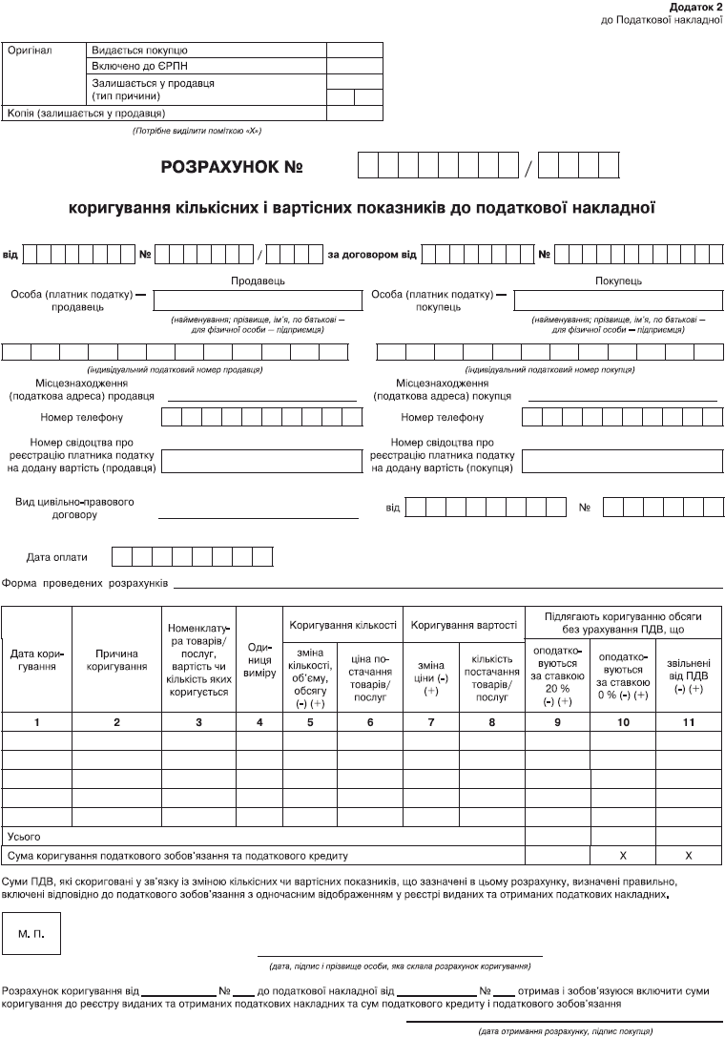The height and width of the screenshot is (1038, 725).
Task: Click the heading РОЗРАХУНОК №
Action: tap(232, 167)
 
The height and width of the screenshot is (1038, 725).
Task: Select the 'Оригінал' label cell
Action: tap(30, 50)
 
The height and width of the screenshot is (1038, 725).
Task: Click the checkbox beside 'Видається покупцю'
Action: tap(354, 50)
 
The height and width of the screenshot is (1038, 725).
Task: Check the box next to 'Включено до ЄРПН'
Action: tap(354, 66)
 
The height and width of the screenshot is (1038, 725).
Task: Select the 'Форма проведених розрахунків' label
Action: tap(86, 582)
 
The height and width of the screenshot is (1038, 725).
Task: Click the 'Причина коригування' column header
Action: tap(116, 660)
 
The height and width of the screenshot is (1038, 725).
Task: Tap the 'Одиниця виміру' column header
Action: tap(259, 660)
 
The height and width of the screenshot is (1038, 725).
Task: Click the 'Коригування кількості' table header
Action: tap(343, 625)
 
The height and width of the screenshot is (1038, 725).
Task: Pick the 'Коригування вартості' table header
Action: tap(464, 625)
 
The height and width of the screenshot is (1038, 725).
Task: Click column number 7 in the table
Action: tap(431, 722)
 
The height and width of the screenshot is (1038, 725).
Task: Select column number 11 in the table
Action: tap(688, 722)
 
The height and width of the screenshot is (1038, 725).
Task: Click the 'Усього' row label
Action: tap(23, 837)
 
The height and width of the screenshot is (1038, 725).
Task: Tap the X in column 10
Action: tap(623, 856)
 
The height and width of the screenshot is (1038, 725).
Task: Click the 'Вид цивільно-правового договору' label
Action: tap(74, 508)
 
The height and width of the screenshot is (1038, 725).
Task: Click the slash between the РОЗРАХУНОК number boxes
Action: tap(528, 168)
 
